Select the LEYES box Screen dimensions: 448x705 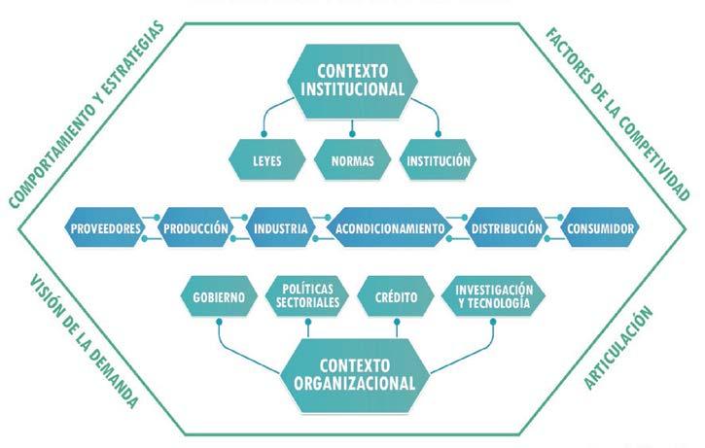(265, 159)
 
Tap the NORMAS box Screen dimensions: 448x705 (352, 159)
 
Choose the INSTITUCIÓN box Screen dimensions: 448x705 (439, 159)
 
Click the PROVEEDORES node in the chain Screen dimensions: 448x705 (107, 229)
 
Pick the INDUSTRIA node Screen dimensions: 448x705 (281, 229)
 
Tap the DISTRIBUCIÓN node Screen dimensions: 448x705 (506, 229)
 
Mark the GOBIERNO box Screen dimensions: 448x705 (218, 296)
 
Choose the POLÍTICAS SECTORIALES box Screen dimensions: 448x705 (309, 296)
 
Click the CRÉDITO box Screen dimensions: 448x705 (396, 296)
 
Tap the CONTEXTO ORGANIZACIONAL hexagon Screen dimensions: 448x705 (354, 372)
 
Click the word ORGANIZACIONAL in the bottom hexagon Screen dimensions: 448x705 (354, 382)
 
